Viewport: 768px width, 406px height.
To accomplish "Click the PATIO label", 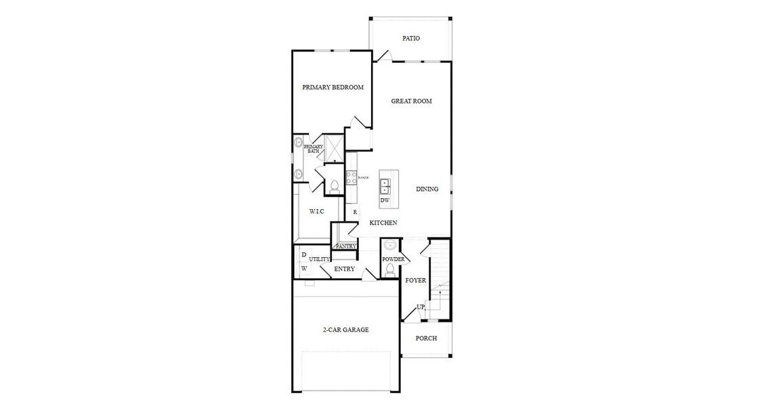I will (411, 39).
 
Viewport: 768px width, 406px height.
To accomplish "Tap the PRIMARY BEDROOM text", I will (333, 87).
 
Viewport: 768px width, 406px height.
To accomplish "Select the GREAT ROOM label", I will (411, 101).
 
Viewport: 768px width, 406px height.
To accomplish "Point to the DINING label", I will (427, 189).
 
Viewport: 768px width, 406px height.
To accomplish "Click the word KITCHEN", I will (383, 223).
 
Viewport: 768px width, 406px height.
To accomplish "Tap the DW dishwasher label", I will (384, 200).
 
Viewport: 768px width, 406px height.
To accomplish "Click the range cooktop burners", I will (351, 177).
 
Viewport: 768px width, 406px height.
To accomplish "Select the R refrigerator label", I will (355, 212).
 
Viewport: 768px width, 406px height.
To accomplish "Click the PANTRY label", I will (345, 246).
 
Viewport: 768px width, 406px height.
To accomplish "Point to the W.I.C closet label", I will (316, 212).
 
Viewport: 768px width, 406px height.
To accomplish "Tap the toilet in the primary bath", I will (335, 185).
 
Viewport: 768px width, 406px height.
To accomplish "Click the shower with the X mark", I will (334, 147).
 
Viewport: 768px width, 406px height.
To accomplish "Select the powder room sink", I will (389, 246).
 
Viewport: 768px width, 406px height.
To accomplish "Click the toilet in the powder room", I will (389, 269).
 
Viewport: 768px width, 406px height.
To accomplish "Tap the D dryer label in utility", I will (304, 254).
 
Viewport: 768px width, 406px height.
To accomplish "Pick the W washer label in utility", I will (304, 268).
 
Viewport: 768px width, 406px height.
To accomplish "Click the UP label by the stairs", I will (420, 307).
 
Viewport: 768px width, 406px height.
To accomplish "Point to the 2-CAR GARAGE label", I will (345, 330).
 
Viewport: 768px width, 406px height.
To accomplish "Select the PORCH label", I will (426, 338).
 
